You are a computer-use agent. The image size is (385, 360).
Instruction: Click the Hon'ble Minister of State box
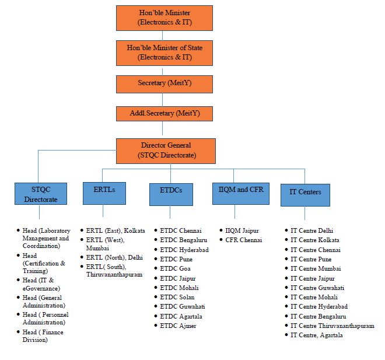pos(165,52)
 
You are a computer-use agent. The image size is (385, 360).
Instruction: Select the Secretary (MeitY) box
pos(165,83)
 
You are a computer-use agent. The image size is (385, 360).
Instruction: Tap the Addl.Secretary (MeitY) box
pos(165,113)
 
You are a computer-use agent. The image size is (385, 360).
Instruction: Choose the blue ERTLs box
pos(102,191)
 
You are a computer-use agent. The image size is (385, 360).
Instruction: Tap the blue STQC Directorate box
pos(41,193)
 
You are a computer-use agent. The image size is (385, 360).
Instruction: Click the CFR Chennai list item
pos(243,240)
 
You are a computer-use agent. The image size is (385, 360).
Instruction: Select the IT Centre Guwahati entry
pos(320,288)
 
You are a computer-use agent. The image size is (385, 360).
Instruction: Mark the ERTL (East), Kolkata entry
pos(116,230)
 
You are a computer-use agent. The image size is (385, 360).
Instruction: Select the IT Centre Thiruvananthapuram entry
pos(332,326)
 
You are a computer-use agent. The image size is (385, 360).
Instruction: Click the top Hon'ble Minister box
pos(165,18)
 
